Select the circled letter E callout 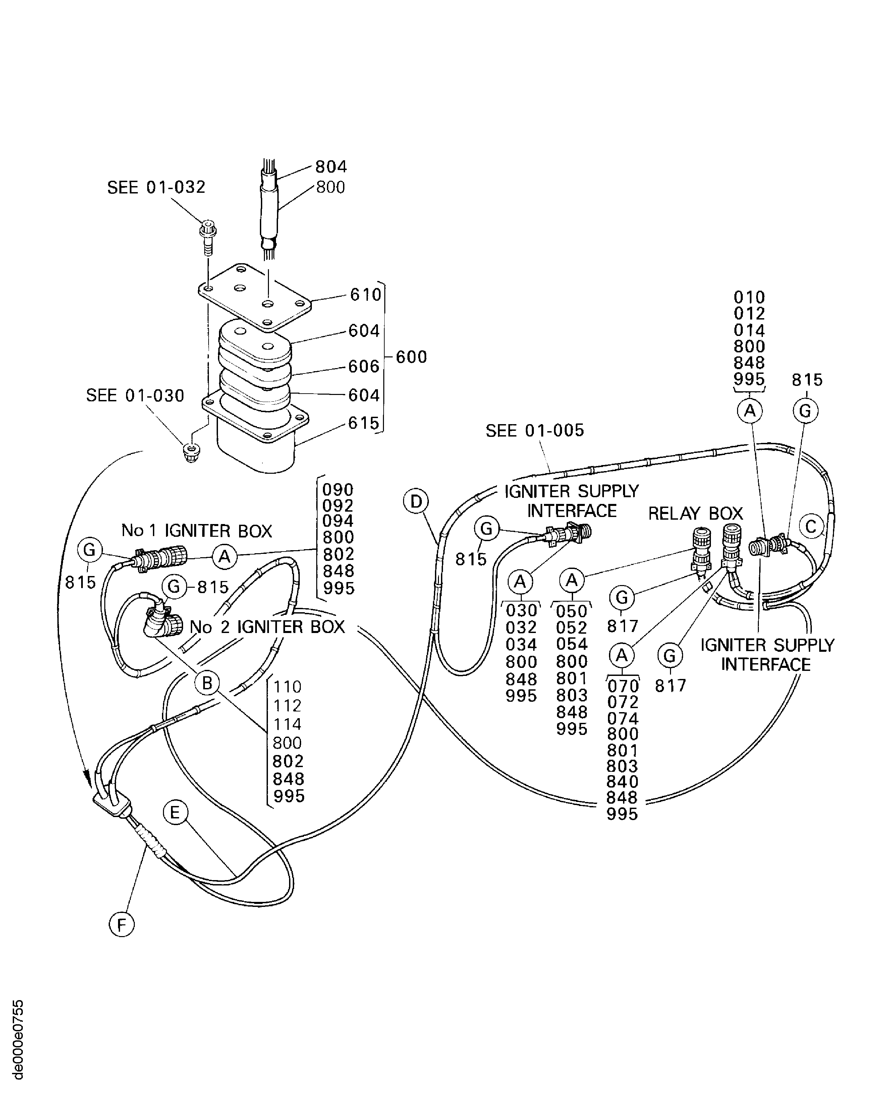(x=175, y=813)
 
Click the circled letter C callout (x=811, y=527)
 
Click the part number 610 (x=366, y=295)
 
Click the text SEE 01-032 (x=156, y=187)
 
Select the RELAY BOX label (x=695, y=513)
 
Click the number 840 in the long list (x=622, y=781)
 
